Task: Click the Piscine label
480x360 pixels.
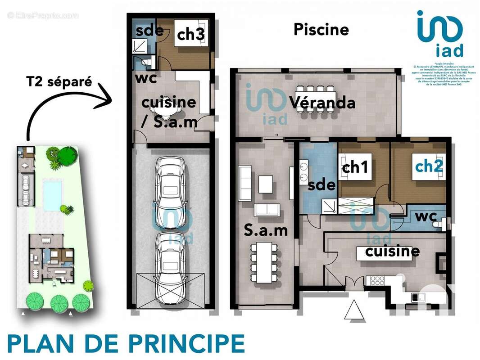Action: tap(321, 30)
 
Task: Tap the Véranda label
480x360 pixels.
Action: tap(322, 103)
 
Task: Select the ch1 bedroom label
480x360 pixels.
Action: tap(355, 167)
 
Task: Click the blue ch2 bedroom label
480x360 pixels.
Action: tap(429, 166)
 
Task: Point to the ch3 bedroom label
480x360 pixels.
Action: tap(190, 35)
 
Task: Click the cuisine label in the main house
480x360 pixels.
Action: tap(392, 251)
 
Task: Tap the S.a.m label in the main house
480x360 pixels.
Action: tap(266, 230)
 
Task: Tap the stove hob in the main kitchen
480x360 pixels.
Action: tap(377, 281)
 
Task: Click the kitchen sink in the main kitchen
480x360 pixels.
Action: tap(419, 297)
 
